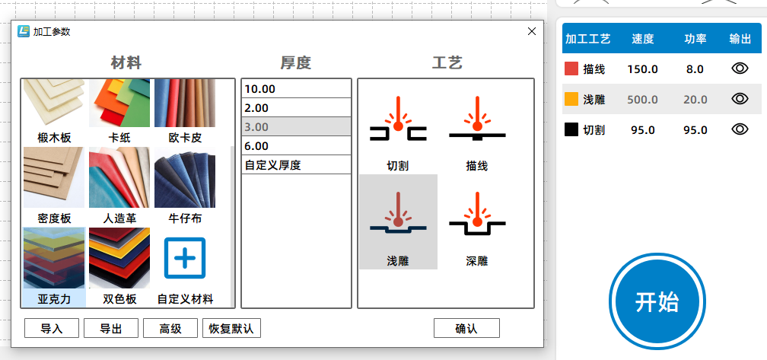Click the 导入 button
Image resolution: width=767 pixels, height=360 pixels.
(52, 328)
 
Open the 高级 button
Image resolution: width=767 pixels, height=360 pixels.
(170, 328)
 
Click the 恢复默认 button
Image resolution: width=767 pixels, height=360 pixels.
(231, 328)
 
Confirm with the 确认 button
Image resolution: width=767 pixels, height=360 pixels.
(466, 328)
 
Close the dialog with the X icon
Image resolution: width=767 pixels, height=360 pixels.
(532, 31)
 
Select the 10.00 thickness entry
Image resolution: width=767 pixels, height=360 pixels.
(297, 88)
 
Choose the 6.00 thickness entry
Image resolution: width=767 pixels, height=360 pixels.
(297, 146)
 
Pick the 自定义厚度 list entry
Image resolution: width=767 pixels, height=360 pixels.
(297, 165)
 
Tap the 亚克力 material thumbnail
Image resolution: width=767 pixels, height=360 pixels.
(54, 258)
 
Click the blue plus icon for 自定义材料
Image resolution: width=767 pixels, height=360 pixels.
(185, 258)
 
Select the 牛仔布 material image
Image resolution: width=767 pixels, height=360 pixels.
(185, 177)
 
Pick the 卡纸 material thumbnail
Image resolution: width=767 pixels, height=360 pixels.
(119, 103)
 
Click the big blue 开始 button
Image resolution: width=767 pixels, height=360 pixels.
(657, 301)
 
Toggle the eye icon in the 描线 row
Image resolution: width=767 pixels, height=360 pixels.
(740, 68)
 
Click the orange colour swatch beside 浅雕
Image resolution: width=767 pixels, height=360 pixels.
(571, 99)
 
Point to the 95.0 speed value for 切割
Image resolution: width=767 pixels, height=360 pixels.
(643, 130)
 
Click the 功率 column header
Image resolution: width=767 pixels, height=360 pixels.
(695, 39)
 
